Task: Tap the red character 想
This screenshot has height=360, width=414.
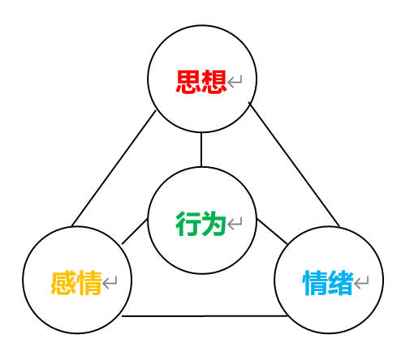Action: [x=213, y=81]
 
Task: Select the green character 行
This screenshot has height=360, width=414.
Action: [x=188, y=223]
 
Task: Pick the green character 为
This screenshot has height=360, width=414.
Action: [x=213, y=223]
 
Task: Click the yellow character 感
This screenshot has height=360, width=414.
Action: [x=63, y=282]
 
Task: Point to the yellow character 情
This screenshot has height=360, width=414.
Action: [x=88, y=282]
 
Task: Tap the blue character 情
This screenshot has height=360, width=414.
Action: [x=315, y=282]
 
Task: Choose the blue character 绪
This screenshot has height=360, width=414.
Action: [x=340, y=282]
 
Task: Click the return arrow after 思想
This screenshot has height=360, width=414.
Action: [x=235, y=82]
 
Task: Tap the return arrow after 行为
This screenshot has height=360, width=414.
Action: [x=235, y=224]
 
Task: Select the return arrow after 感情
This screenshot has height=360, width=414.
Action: [x=110, y=282]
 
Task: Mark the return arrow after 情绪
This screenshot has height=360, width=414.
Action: [x=361, y=282]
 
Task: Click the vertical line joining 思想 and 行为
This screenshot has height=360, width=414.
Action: [x=201, y=149]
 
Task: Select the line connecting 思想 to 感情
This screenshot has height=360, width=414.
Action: [x=114, y=169]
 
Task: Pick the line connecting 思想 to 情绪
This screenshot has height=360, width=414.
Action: [x=294, y=164]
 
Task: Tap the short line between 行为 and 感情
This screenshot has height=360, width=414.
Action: [x=135, y=231]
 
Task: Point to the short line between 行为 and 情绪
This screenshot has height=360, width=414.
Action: [x=272, y=231]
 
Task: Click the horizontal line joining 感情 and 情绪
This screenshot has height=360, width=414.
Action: [x=205, y=316]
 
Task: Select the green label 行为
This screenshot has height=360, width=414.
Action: [x=201, y=223]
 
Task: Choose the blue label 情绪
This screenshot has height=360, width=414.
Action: [x=328, y=282]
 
